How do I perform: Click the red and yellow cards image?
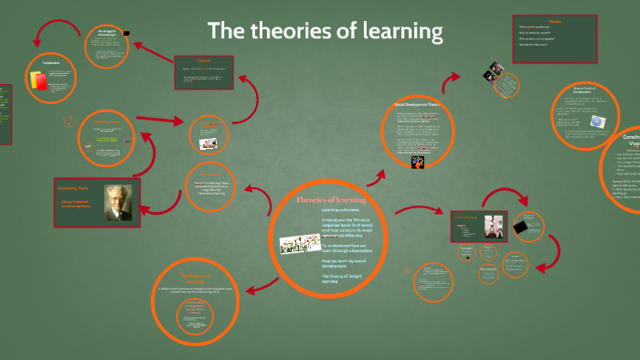[38, 81]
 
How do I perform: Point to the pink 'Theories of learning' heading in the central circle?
[331, 199]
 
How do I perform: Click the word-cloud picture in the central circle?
[297, 241]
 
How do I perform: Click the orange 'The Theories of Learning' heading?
[195, 275]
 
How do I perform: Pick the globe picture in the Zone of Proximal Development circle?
[597, 122]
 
